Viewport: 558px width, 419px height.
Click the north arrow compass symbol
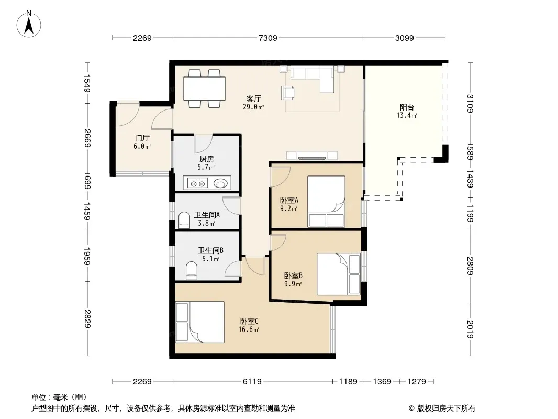29,24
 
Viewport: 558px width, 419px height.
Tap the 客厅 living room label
254,98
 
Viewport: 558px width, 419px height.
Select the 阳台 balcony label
407,107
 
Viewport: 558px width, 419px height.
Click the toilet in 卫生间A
184,220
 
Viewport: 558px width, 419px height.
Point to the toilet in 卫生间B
192,271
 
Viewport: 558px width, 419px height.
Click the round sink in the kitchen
220,183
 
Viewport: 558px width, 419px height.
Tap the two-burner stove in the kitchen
197,184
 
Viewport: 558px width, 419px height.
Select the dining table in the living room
204,89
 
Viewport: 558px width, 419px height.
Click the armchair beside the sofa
288,93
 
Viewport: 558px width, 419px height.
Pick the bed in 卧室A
326,201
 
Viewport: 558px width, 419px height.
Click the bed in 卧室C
199,322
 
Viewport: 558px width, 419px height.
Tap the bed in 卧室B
339,274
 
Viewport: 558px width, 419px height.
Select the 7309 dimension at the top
267,38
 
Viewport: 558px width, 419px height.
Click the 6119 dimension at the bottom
252,382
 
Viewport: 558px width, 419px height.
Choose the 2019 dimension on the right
470,329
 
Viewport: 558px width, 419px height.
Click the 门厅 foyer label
142,138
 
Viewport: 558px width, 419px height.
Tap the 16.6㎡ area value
249,329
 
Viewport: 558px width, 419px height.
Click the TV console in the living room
312,156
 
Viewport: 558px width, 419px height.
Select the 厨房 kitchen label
206,159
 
